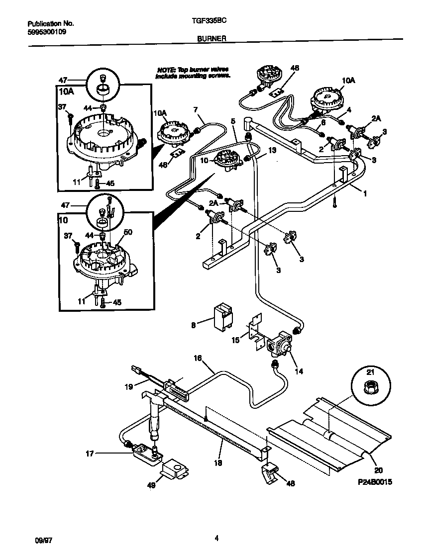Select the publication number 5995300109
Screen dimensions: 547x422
click(46, 31)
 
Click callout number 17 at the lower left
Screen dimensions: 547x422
click(90, 453)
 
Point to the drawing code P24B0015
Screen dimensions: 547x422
click(371, 482)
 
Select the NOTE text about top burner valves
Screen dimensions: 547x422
click(193, 73)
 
